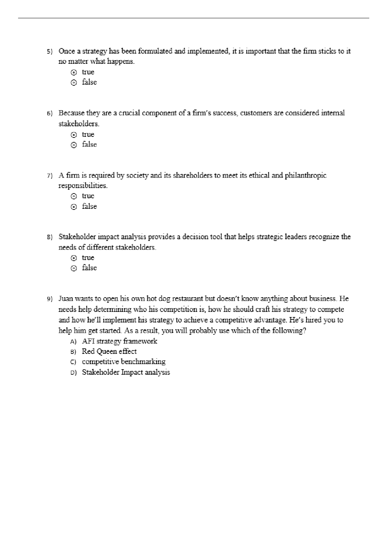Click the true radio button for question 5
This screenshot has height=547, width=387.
coord(74,72)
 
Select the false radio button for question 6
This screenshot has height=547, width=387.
coord(74,145)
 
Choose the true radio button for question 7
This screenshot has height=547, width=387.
coord(74,196)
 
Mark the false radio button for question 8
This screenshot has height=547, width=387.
coord(74,269)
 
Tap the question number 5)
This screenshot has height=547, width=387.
coord(50,52)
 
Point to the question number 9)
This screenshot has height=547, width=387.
coord(50,299)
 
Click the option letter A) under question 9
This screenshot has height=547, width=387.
coord(73,342)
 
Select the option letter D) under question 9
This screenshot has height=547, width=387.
coord(73,373)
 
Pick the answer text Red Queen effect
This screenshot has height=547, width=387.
coord(109,351)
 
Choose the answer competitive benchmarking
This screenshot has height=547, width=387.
coord(124,362)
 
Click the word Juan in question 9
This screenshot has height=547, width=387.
coord(66,299)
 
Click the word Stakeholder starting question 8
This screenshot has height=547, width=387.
coord(77,237)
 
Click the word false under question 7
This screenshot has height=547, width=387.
coord(89,206)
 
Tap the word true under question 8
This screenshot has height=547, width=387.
coord(88,258)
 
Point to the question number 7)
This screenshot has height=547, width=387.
coord(50,176)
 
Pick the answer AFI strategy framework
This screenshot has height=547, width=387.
coord(119,341)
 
